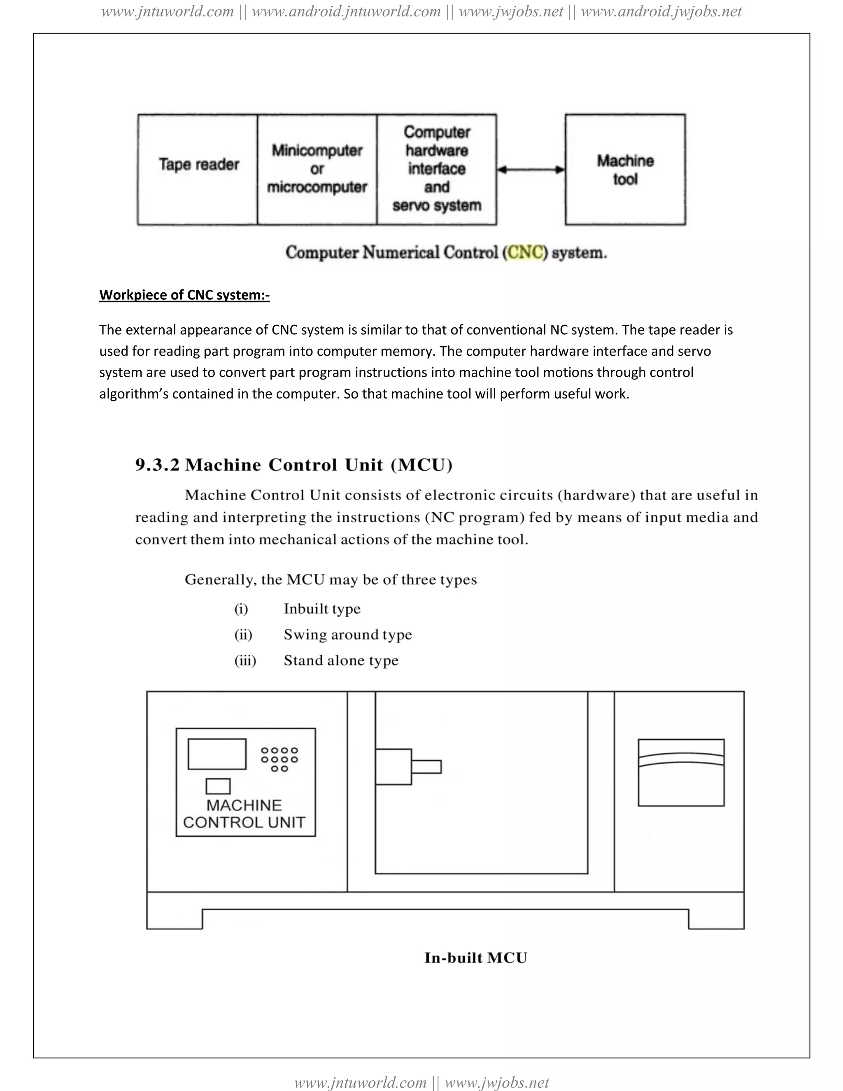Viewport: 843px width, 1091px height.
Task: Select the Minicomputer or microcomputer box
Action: click(x=317, y=169)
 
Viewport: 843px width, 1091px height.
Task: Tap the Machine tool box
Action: click(x=625, y=169)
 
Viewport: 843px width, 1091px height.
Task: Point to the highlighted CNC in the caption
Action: click(x=525, y=252)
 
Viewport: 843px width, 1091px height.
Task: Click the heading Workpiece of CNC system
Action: click(x=184, y=295)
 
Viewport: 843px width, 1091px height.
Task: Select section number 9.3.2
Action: click(x=157, y=465)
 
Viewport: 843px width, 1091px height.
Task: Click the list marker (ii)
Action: click(x=243, y=634)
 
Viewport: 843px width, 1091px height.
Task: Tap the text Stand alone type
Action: click(x=341, y=660)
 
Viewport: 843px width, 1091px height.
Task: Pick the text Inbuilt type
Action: click(x=322, y=608)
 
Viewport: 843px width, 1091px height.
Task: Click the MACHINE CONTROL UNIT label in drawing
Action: click(x=244, y=814)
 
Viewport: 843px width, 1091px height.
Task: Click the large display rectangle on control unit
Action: click(x=217, y=754)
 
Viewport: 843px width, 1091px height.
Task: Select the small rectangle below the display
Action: click(x=218, y=786)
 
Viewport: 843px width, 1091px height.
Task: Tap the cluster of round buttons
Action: click(x=279, y=759)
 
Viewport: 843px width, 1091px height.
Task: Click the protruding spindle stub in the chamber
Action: click(x=426, y=767)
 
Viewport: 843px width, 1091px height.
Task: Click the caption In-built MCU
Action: click(x=475, y=958)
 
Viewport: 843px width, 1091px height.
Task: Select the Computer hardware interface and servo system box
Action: click(x=436, y=169)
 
